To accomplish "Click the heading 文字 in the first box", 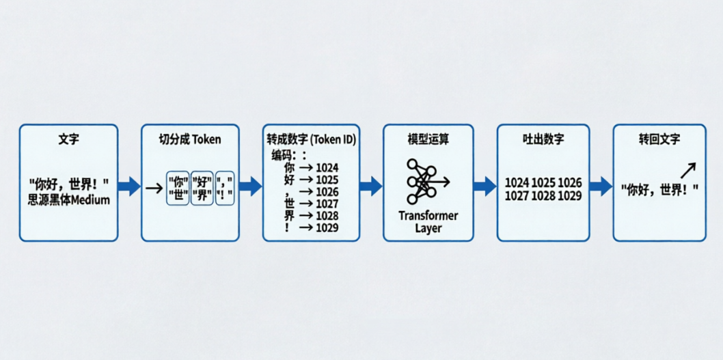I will (x=68, y=139).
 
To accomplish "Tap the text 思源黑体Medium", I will (x=68, y=200).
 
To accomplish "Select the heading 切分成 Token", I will (x=190, y=139).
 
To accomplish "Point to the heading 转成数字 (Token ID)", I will (x=312, y=139).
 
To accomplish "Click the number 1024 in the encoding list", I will (x=327, y=167).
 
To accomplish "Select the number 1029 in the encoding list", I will (x=327, y=227).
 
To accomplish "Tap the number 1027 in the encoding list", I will (x=327, y=204).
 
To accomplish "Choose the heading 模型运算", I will (x=428, y=139).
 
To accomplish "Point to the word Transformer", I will (x=428, y=216).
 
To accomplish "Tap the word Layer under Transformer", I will (x=428, y=228).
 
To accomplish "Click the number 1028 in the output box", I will (x=543, y=196).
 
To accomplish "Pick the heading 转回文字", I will (x=659, y=139).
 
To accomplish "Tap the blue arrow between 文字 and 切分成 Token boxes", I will (x=128, y=186).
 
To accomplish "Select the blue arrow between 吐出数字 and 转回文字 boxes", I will (x=601, y=185).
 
